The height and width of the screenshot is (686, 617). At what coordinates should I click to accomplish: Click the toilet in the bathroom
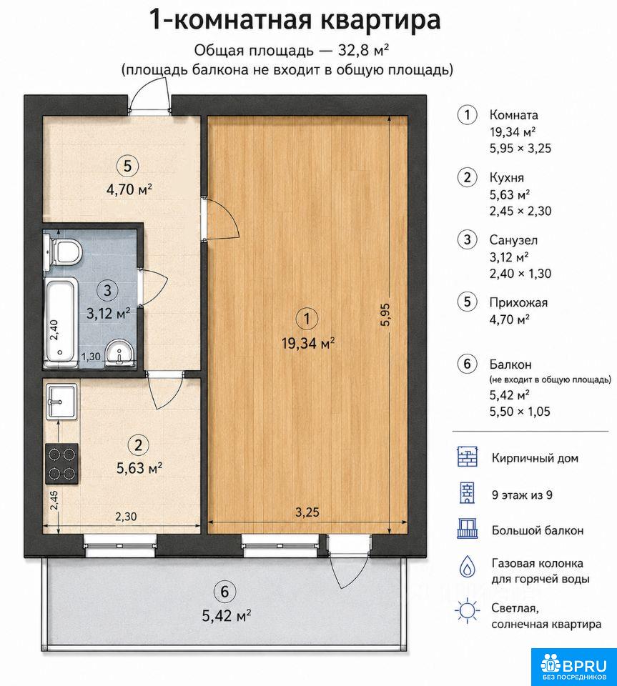[63, 251]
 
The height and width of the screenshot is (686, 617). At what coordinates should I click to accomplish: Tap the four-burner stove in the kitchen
[61, 463]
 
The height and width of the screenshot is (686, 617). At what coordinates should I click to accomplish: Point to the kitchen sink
[61, 400]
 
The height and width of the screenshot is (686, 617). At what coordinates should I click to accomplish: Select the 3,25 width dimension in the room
[307, 512]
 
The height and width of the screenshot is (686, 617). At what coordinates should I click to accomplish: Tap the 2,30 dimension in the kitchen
[126, 516]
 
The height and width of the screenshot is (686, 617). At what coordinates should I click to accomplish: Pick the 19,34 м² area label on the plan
[308, 344]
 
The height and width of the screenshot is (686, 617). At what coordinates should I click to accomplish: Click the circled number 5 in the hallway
[127, 166]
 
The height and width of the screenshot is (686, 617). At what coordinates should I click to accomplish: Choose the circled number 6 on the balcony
[224, 592]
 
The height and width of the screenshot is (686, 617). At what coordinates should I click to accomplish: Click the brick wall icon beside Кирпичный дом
[468, 457]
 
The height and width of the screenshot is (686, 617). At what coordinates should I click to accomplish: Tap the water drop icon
[468, 567]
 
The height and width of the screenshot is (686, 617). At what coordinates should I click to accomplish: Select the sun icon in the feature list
[468, 610]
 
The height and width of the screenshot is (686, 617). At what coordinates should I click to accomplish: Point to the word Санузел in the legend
[513, 240]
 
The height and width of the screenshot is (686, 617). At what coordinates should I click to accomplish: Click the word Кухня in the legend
[506, 178]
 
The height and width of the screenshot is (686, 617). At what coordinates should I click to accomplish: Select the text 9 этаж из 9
[522, 494]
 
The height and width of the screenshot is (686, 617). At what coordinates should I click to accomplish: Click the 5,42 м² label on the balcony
[226, 616]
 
